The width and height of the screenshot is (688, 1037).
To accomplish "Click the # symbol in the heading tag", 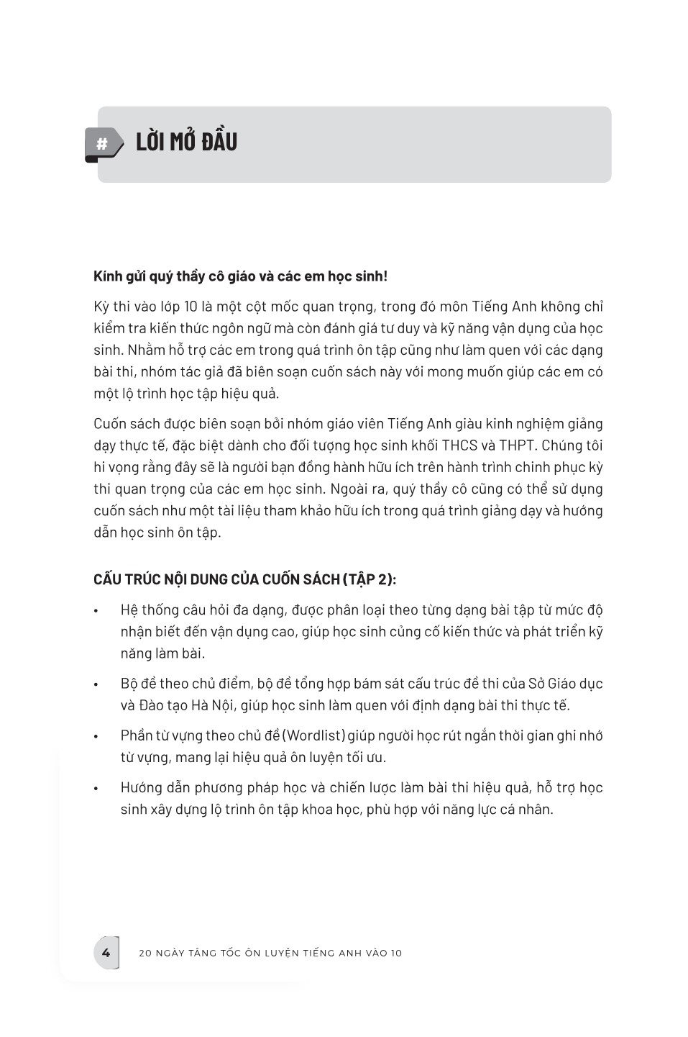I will pos(102,145).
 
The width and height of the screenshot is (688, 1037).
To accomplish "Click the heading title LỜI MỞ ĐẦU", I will pos(186,142).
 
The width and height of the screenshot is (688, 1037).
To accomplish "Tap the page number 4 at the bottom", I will pos(106,953).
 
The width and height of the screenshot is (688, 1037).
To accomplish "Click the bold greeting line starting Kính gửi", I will pos(240,276).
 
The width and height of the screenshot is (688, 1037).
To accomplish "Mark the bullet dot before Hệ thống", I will pos(96,612).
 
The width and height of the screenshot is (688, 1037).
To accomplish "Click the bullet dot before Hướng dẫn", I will pos(96,789).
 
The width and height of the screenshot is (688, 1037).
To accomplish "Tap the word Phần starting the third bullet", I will pos(137,735).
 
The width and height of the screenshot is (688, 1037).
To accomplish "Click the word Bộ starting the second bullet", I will pos(129,684).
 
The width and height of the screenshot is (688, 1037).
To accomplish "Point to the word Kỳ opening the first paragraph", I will pos(101,307).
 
